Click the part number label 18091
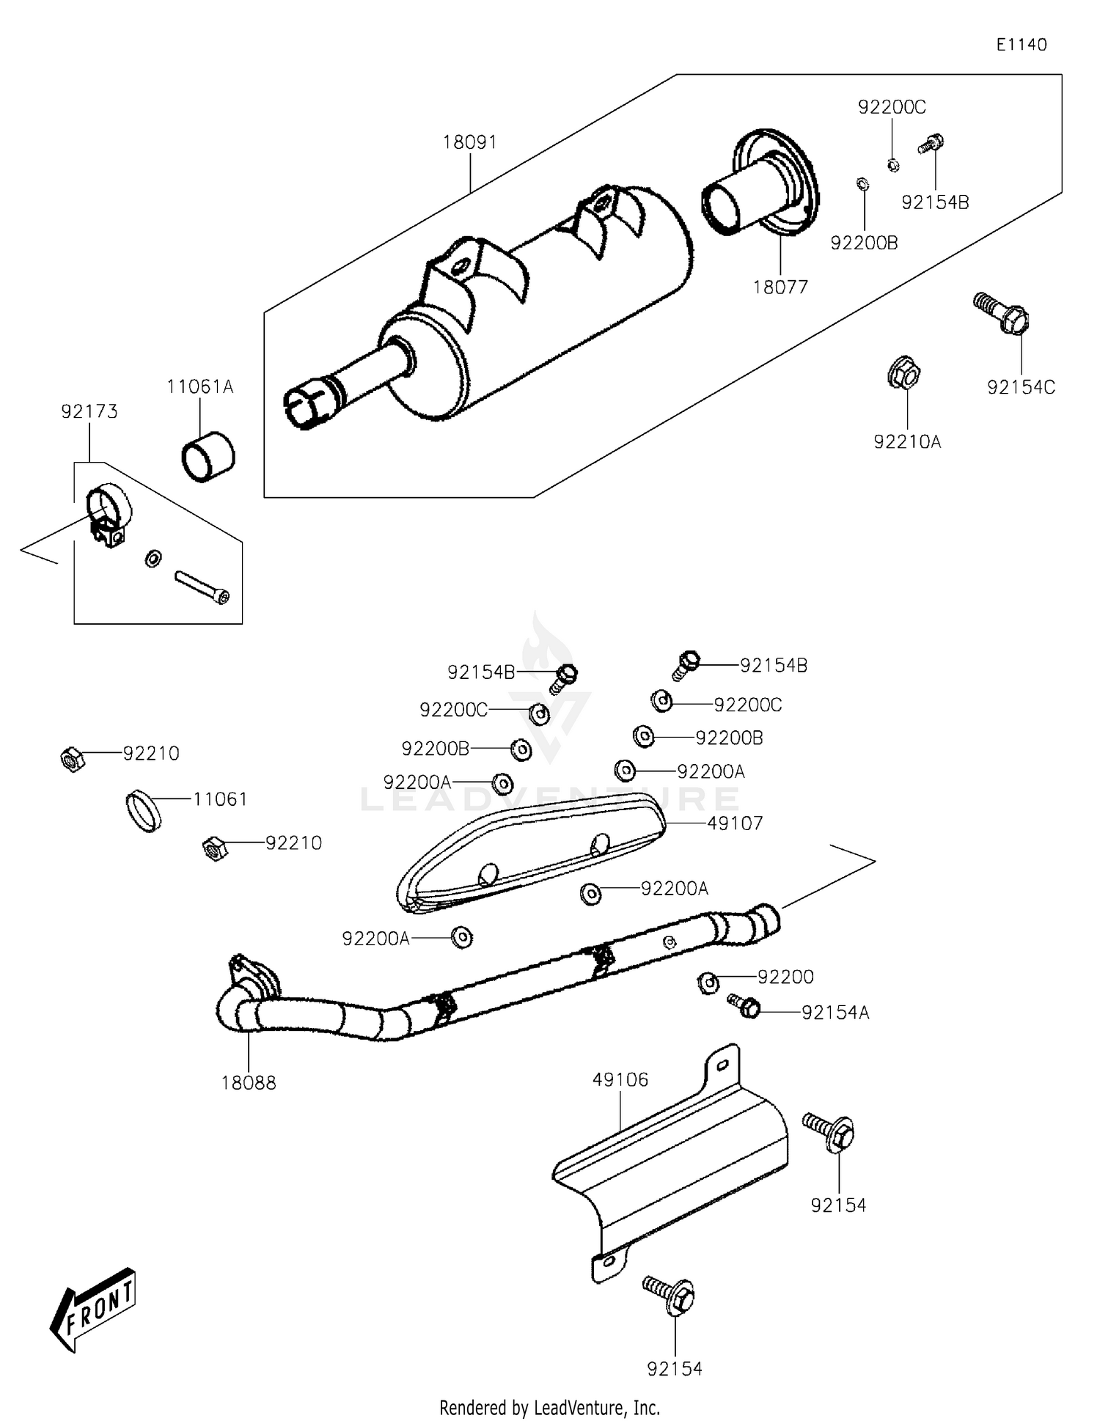tap(469, 142)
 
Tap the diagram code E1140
tap(1021, 45)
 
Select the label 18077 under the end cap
tap(780, 287)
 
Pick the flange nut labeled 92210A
tap(903, 374)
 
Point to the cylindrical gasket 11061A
tap(208, 457)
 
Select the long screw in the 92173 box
tap(202, 587)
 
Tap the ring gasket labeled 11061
tap(144, 811)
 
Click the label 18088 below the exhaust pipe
tap(249, 1083)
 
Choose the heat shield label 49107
tap(735, 823)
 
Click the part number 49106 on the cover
tap(620, 1079)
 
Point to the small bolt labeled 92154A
tap(744, 1005)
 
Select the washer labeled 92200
tap(708, 983)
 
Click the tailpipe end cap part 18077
tap(763, 187)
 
